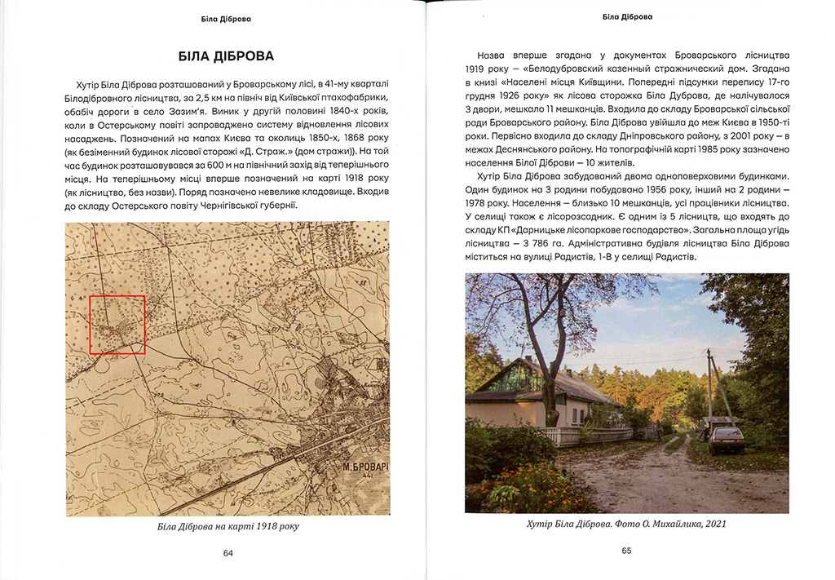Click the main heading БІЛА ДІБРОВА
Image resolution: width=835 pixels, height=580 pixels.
pyautogui.click(x=227, y=56)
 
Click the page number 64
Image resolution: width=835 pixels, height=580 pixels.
pyautogui.click(x=228, y=553)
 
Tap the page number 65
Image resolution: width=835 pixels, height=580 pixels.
pyautogui.click(x=626, y=551)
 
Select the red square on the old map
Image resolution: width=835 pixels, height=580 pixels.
pyautogui.click(x=117, y=325)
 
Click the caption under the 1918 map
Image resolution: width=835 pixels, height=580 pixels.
pyautogui.click(x=228, y=526)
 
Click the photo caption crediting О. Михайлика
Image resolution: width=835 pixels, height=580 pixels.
pyautogui.click(x=626, y=524)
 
